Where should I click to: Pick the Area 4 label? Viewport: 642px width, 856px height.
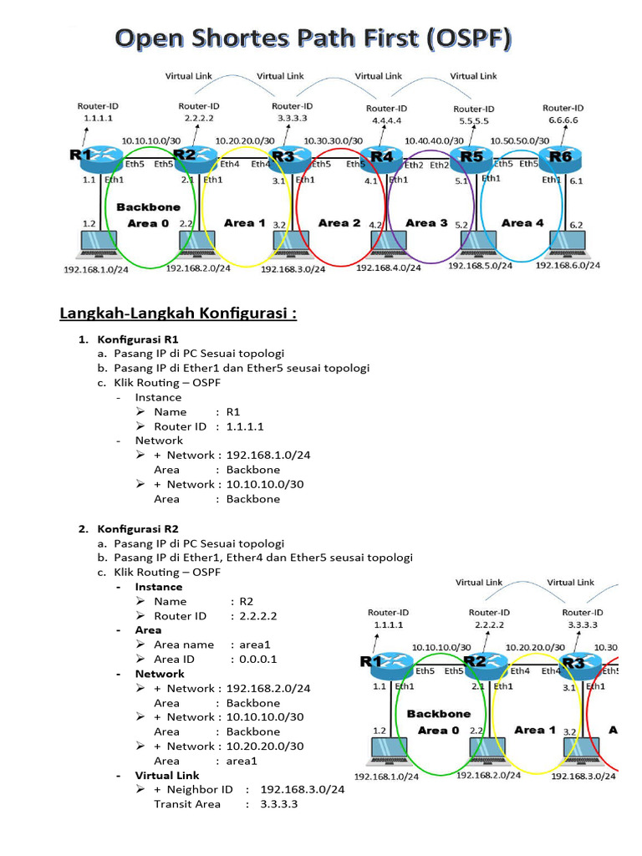[x=522, y=223]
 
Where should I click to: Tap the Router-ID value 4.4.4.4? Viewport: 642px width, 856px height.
[x=386, y=121]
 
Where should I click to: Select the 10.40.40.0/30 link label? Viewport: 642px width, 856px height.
[x=433, y=141]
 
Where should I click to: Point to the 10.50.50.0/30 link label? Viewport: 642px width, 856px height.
[x=520, y=140]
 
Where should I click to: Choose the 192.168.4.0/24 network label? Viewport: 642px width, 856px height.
[x=390, y=269]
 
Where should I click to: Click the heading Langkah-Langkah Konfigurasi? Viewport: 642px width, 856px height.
[x=178, y=313]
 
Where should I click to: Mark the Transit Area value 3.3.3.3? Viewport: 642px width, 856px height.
[x=279, y=803]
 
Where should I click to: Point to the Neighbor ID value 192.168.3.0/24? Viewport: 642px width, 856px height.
[x=303, y=789]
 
